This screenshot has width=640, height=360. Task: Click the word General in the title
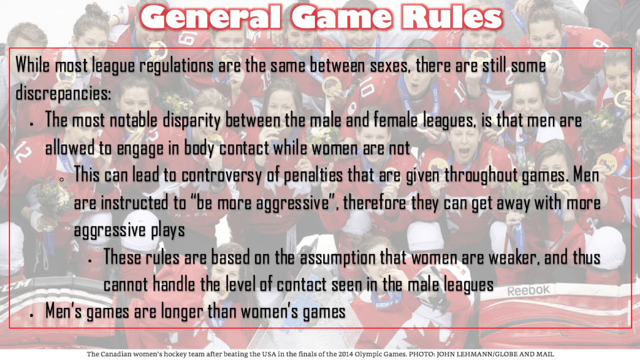coord(210,18)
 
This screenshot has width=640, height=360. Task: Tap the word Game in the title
coord(342,18)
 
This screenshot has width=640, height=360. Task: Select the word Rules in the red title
coord(452,18)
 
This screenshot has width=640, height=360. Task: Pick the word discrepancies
coord(63,93)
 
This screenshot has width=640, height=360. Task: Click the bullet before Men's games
coord(32,316)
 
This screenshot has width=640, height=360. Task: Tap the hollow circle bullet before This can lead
coord(61,179)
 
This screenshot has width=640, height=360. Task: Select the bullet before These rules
coord(90,261)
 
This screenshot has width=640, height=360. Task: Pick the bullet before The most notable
coord(32,124)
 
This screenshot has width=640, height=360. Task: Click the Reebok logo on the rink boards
coord(529,291)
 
